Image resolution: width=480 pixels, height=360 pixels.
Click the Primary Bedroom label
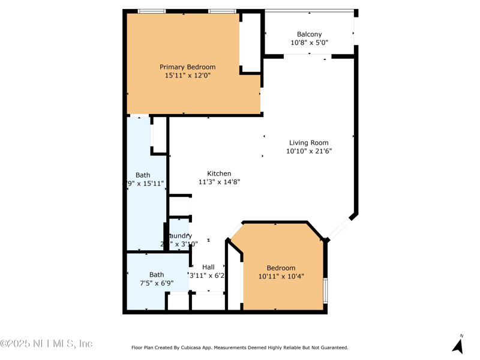(x=187, y=67)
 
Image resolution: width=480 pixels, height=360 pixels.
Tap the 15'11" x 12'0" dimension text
(x=187, y=76)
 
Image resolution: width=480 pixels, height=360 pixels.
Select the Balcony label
(x=309, y=35)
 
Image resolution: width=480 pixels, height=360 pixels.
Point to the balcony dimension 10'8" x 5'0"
(x=309, y=43)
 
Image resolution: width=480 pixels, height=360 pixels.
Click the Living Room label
(x=308, y=143)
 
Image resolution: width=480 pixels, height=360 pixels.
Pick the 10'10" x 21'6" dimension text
(x=308, y=151)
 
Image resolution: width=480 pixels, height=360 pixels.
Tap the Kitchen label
(x=219, y=173)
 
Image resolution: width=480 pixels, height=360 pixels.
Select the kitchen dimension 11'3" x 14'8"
(x=219, y=182)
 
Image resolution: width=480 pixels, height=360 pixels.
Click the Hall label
(x=208, y=267)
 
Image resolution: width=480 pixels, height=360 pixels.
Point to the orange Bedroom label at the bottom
(x=281, y=268)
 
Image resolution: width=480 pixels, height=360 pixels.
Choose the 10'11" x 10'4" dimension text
(x=281, y=277)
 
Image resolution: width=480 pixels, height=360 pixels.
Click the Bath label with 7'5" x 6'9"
(x=157, y=275)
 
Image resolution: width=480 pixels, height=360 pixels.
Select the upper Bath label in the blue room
(x=143, y=175)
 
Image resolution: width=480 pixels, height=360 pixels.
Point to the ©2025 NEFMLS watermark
(x=46, y=344)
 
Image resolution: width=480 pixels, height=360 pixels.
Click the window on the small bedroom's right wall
(x=325, y=290)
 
